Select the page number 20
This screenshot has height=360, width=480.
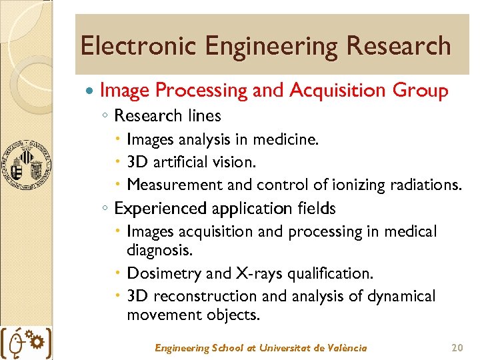(x=457, y=348)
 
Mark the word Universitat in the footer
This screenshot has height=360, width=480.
(x=284, y=348)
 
